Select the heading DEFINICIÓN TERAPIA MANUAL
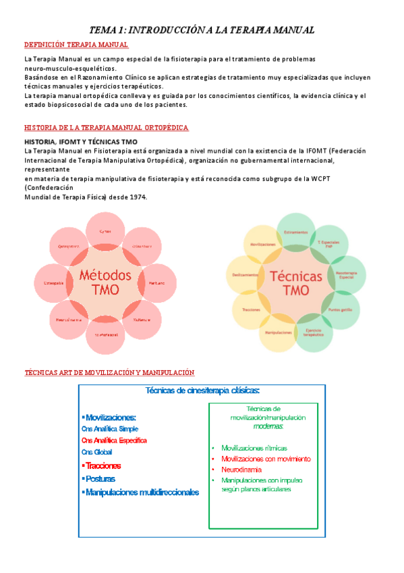point(76,45)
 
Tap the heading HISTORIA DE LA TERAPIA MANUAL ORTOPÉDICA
point(107,128)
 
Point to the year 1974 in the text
point(136,197)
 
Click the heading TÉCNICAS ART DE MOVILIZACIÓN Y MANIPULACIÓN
point(109,372)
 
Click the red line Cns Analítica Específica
point(113,441)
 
